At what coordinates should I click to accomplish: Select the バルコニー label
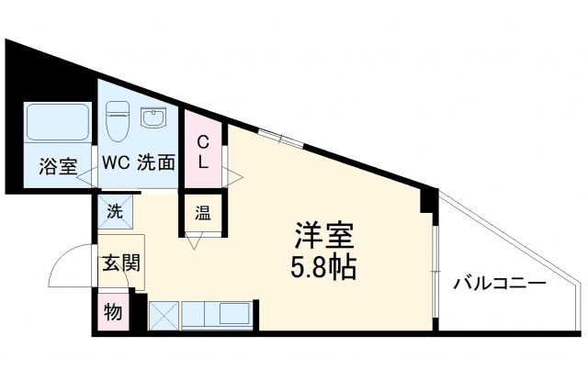(x=500, y=284)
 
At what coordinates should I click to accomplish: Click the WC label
(x=116, y=165)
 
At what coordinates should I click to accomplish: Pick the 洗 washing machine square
(x=115, y=210)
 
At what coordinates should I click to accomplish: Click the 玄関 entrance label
(x=120, y=264)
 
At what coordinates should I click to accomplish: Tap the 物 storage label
(x=113, y=312)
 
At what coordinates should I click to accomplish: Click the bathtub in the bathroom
(x=57, y=124)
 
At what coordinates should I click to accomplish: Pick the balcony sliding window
(x=435, y=262)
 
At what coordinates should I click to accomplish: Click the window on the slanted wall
(x=279, y=138)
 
